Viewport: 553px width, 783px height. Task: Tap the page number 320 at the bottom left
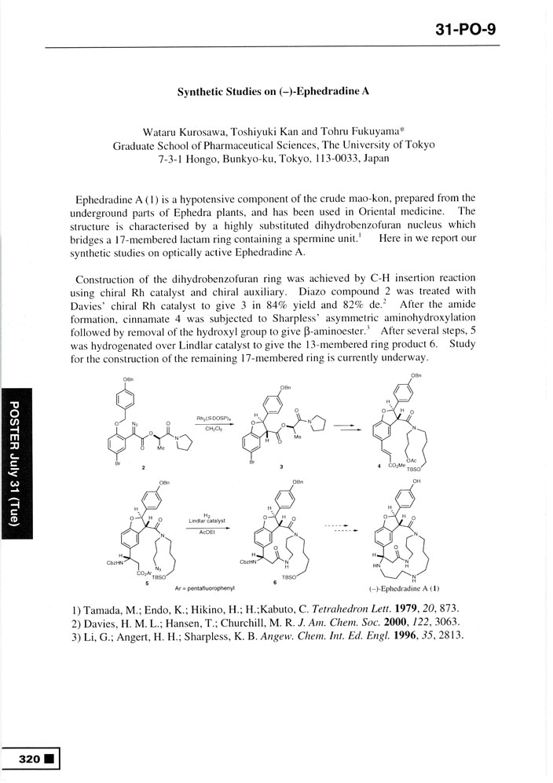30,759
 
